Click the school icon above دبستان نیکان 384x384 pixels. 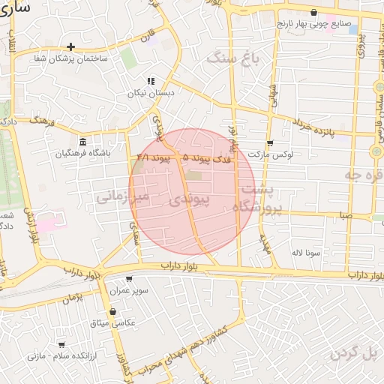[151, 81]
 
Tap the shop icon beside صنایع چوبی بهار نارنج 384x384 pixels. [313, 13]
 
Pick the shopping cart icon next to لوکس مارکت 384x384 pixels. [270, 142]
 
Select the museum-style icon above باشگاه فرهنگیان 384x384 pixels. [82, 142]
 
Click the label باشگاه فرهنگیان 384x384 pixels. [82, 154]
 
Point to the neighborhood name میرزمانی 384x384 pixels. [124, 196]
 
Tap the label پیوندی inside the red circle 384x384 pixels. [184, 200]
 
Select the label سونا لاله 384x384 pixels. [307, 253]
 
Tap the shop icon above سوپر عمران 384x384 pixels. [129, 279]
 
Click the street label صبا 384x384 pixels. [345, 215]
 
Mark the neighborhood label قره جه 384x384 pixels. [363, 175]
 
